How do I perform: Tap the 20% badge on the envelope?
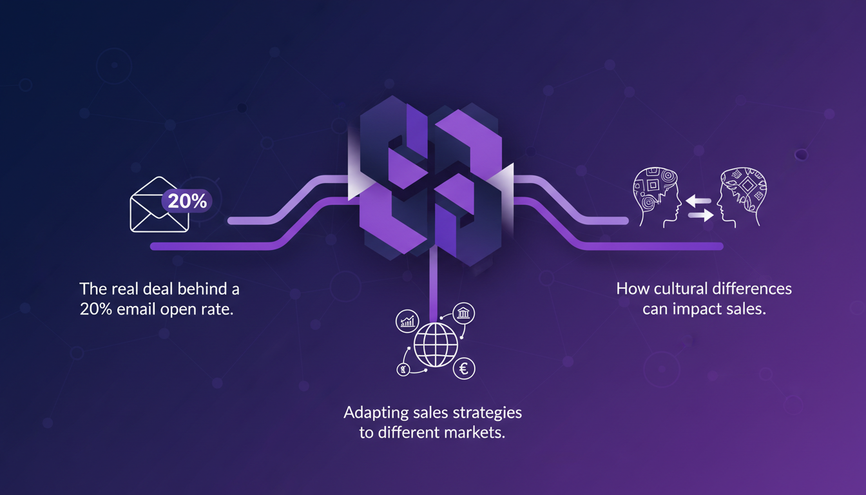(187, 200)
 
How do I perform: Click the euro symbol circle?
(464, 369)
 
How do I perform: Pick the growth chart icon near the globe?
(407, 322)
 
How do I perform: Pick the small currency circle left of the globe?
(402, 369)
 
